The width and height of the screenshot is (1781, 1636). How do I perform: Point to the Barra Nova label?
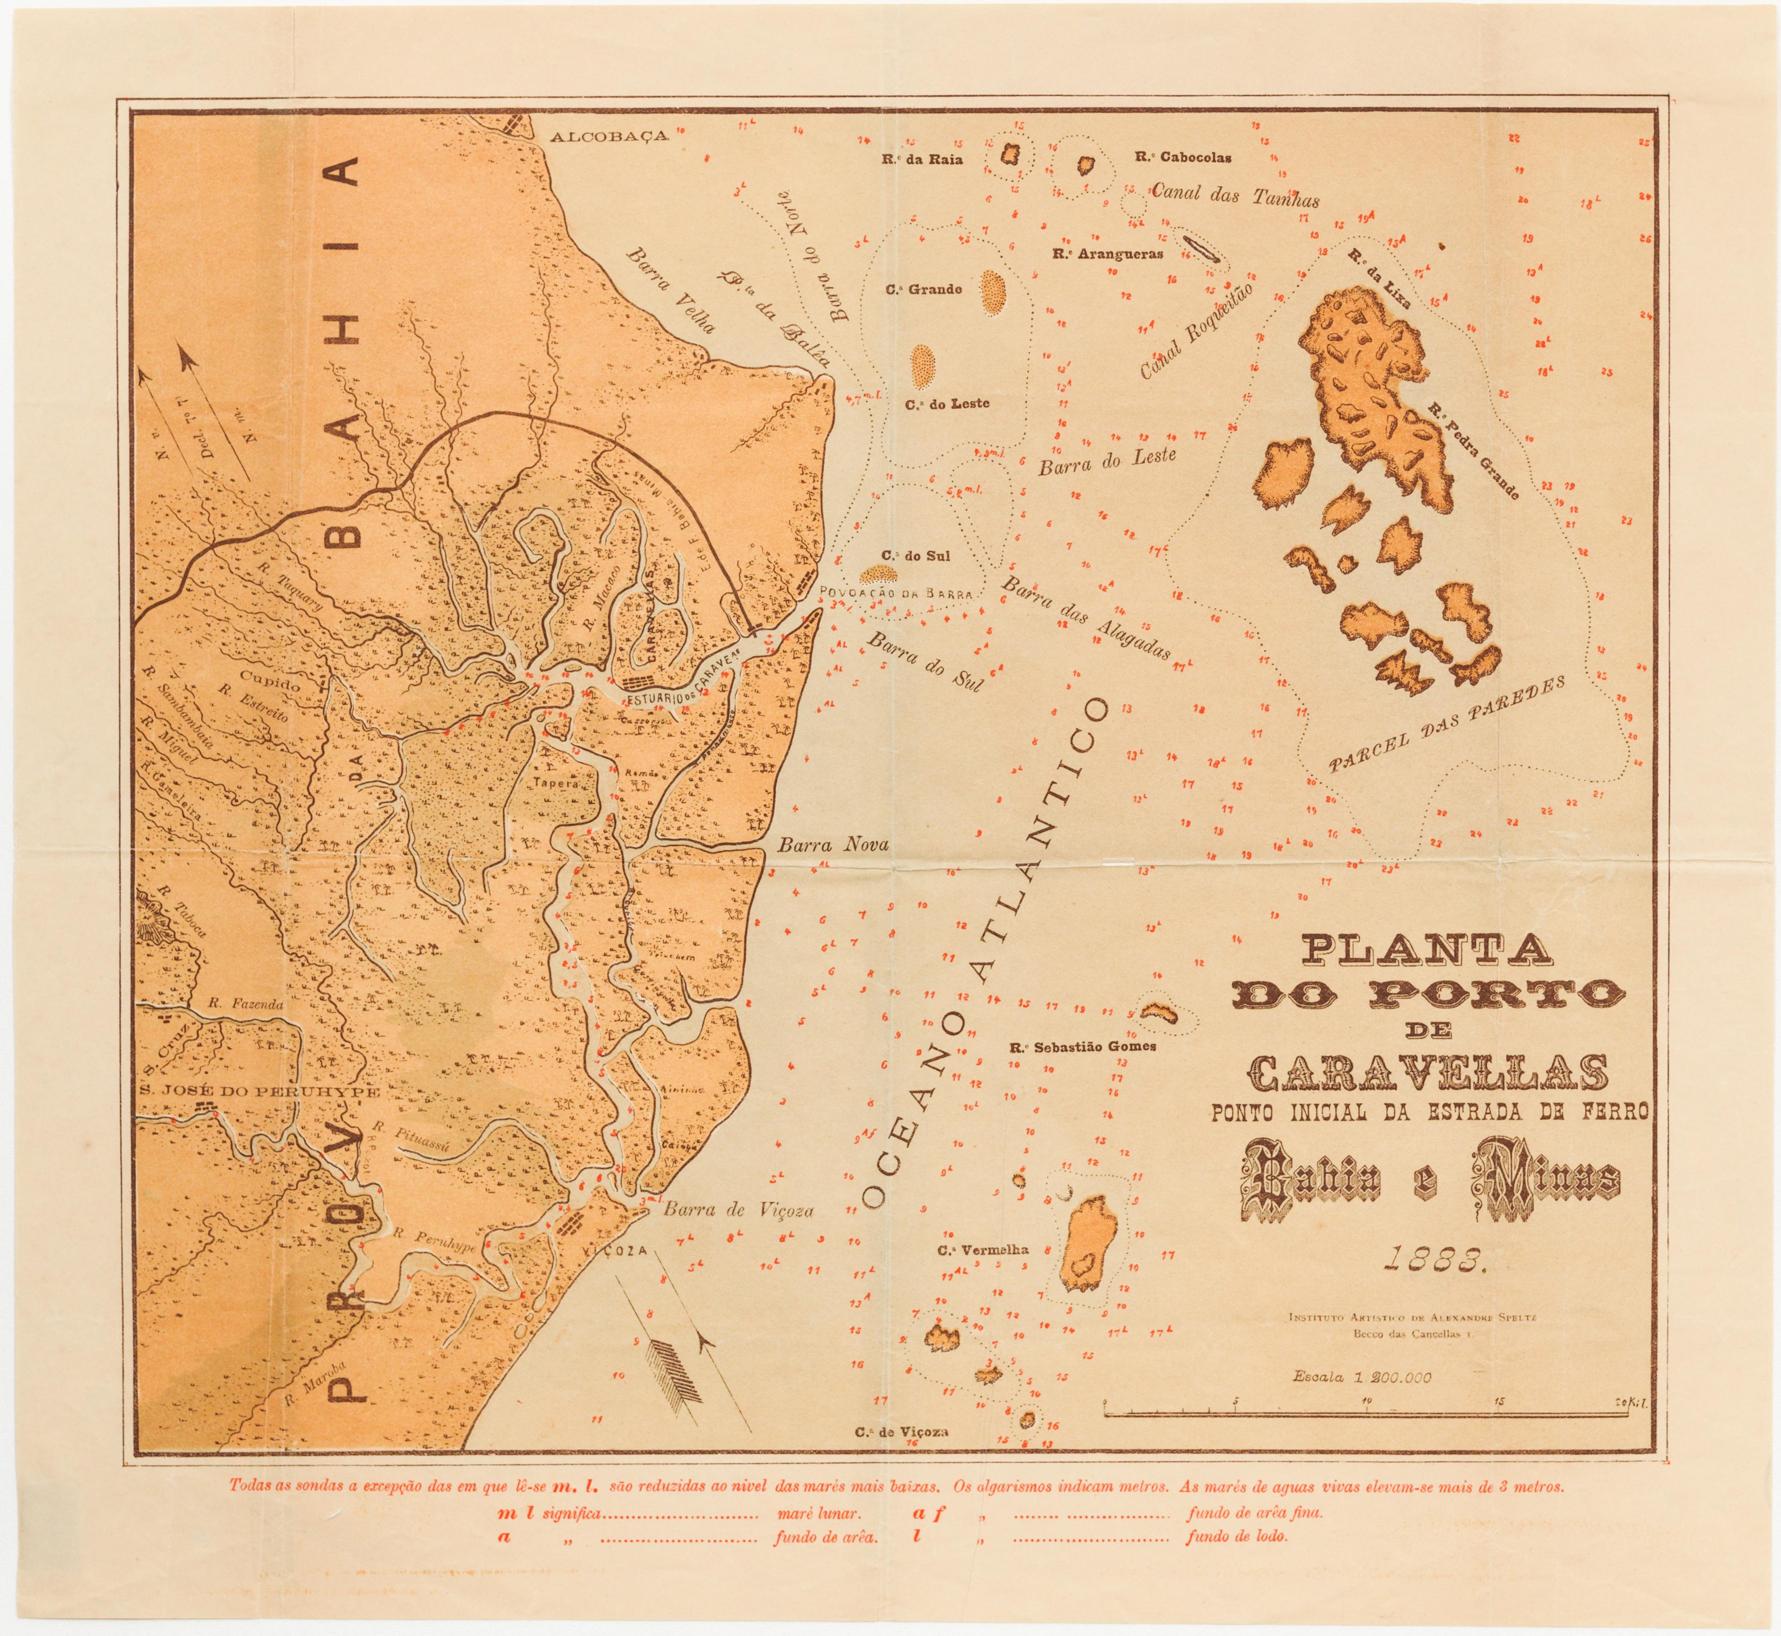click(833, 846)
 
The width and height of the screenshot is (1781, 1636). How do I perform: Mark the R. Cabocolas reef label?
click(1183, 158)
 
